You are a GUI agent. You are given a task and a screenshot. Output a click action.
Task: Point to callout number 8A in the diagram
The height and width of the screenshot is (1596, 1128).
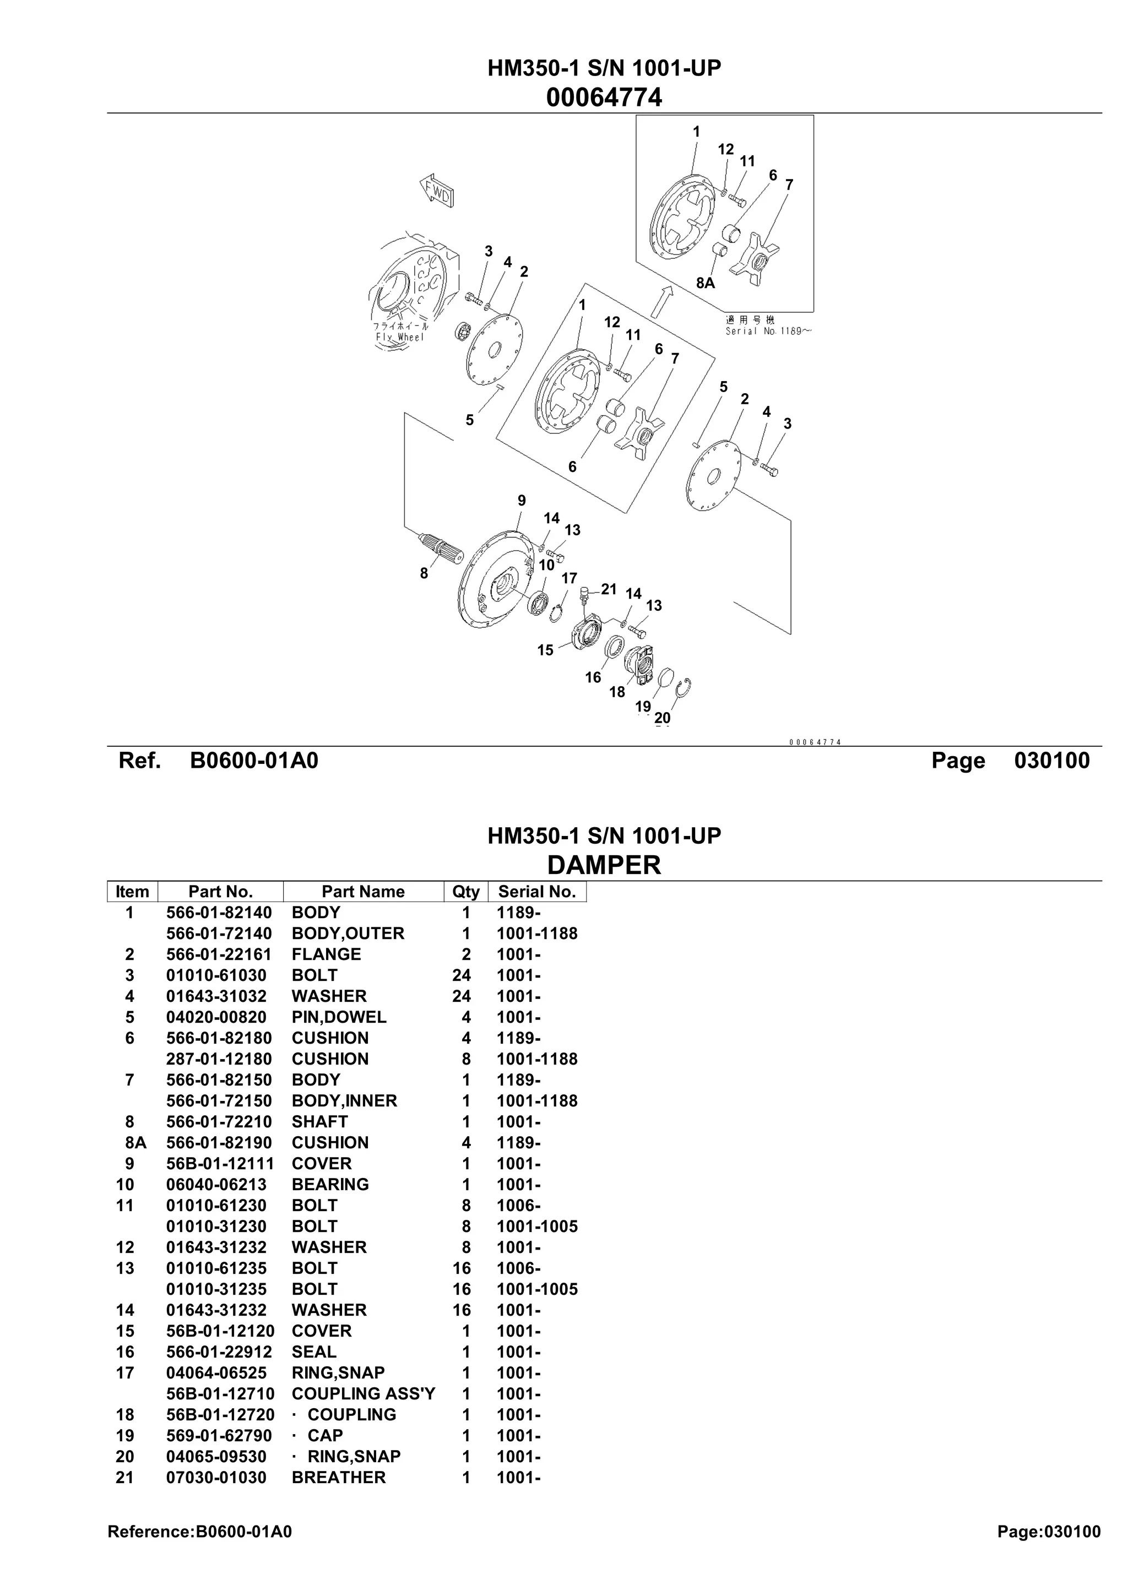point(705,283)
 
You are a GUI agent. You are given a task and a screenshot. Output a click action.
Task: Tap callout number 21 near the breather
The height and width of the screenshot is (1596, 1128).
point(608,589)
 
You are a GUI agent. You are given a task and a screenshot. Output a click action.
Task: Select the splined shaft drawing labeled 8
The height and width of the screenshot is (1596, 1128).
point(439,549)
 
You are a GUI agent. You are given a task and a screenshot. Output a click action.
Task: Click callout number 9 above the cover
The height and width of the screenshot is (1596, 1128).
point(521,501)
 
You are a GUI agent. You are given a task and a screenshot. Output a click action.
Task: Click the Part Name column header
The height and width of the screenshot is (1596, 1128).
point(363,892)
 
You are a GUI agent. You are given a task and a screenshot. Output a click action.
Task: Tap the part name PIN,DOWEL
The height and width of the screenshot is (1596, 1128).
point(339,1017)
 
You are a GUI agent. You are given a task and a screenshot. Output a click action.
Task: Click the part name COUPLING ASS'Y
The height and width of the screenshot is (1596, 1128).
point(363,1394)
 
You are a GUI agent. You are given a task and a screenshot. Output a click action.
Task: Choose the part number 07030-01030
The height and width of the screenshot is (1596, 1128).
point(216,1477)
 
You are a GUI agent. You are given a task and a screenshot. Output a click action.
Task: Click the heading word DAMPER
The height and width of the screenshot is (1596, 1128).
point(604,865)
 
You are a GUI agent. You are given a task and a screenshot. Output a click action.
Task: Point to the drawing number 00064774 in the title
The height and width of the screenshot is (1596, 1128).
point(604,97)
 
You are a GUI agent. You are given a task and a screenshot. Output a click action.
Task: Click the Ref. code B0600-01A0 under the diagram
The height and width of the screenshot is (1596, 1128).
point(254,761)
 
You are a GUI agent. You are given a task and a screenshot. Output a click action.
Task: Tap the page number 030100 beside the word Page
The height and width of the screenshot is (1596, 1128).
point(1051,761)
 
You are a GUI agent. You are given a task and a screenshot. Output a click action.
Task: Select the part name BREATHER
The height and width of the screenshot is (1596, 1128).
point(339,1477)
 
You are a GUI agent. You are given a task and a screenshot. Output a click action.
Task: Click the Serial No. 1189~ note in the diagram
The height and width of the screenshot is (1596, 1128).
point(767,332)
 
